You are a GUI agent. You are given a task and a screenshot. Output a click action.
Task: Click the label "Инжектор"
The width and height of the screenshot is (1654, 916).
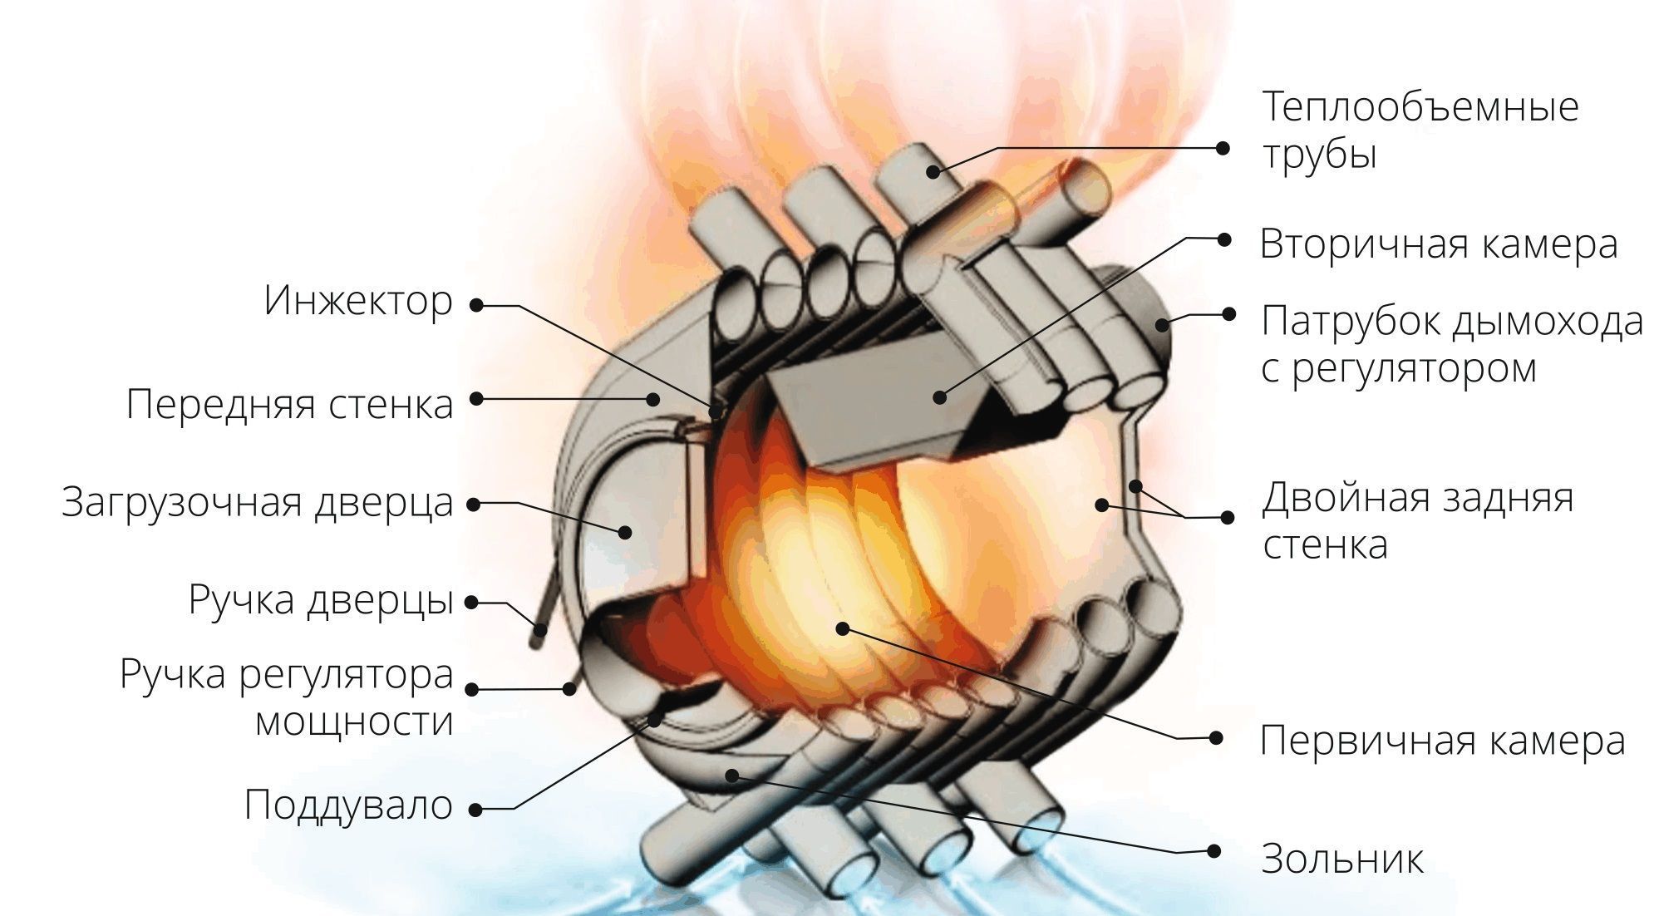359,301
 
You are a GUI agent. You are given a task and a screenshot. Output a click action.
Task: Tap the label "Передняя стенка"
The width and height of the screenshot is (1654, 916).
290,405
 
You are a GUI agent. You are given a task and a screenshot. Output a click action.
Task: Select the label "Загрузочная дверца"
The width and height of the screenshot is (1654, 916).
258,503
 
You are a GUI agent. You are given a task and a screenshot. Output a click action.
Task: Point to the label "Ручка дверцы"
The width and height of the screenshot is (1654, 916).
322,600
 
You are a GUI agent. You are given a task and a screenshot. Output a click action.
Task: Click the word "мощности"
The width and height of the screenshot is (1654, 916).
355,721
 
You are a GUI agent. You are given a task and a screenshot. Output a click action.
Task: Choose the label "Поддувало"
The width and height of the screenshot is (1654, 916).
349,805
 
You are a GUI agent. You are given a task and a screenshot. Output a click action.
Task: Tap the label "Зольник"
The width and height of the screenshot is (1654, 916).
1342,859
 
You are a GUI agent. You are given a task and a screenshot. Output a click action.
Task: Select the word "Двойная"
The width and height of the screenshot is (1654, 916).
1341,499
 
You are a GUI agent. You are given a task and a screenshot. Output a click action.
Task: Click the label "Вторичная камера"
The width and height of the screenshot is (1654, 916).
1439,244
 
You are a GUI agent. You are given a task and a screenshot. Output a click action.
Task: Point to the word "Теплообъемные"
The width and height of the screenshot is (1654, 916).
1420,107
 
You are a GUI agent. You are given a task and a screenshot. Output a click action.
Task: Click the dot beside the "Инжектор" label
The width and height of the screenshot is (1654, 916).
476,305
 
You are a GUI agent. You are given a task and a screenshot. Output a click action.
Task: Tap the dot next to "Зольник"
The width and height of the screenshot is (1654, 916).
1214,850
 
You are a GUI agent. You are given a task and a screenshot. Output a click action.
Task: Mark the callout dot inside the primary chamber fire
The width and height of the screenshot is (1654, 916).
843,628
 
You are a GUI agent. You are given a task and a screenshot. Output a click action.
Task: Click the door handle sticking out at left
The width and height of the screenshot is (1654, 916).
544,607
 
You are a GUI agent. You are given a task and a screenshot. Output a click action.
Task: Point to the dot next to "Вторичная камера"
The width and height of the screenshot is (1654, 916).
1223,239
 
